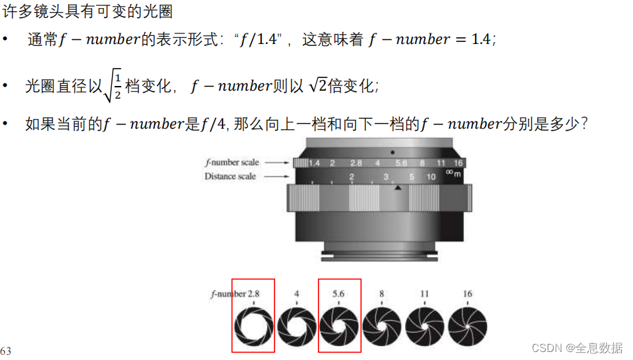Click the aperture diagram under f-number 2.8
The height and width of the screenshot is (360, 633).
pos(254,327)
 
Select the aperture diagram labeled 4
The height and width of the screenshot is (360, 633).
pos(297,327)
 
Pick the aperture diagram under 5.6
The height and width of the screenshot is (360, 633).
pos(339,327)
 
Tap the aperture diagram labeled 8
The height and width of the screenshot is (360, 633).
pos(382,327)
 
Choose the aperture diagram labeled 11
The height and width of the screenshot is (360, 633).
pos(424,327)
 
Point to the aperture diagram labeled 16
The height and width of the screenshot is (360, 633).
pos(468,327)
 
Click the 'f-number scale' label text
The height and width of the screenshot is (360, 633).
pos(232,163)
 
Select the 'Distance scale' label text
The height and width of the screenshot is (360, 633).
pos(230,176)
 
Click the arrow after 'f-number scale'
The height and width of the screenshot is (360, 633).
pos(277,163)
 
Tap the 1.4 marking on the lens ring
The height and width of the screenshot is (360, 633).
pos(314,163)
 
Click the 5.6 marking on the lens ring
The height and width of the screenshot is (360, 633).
pos(401,163)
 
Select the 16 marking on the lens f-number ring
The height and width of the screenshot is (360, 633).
pos(458,163)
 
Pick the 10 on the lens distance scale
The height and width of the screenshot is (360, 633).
pos(431,177)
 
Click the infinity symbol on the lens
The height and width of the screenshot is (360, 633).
pos(449,172)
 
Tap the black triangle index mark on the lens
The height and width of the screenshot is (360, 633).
pos(398,187)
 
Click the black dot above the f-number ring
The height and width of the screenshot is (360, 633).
pos(392,153)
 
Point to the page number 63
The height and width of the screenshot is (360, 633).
pos(6,350)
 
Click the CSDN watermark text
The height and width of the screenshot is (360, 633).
pos(577,348)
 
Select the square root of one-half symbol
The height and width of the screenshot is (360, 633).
pos(113,85)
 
